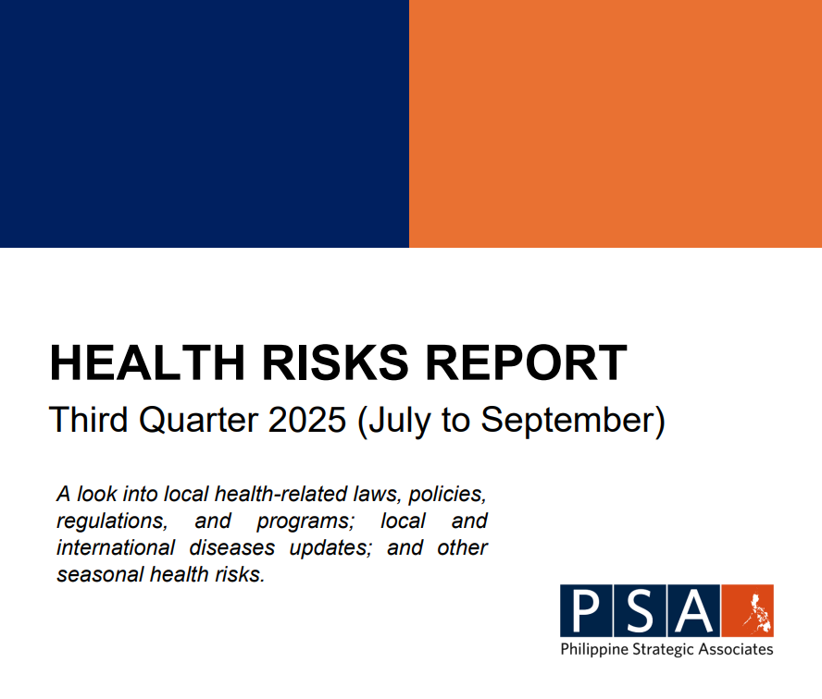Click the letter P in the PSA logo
tap(585, 611)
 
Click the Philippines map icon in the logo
tap(748, 611)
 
